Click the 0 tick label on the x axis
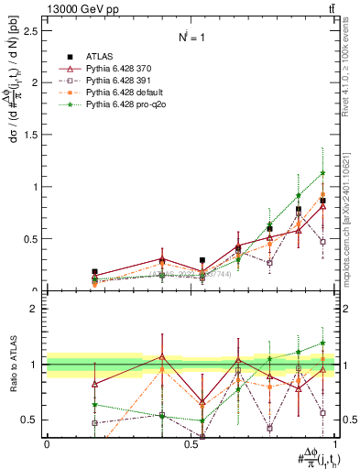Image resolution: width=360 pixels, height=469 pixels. (x=47, y=445)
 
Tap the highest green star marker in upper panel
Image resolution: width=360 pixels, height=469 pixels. (x=322, y=172)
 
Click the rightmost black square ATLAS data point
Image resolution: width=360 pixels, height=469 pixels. (x=322, y=201)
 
